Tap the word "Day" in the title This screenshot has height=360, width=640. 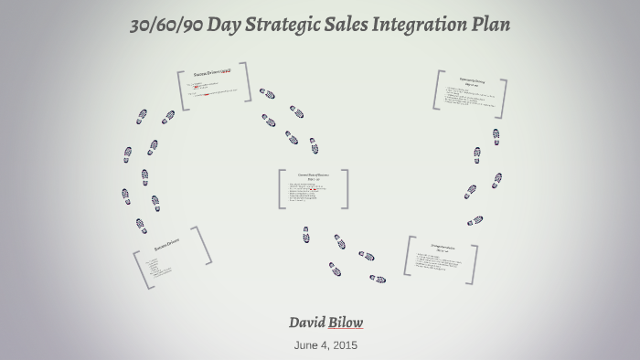225,25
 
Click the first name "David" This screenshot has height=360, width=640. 306,323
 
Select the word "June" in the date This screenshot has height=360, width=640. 306,345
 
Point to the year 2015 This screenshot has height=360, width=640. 347,345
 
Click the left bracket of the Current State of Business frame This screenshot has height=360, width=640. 281,188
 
